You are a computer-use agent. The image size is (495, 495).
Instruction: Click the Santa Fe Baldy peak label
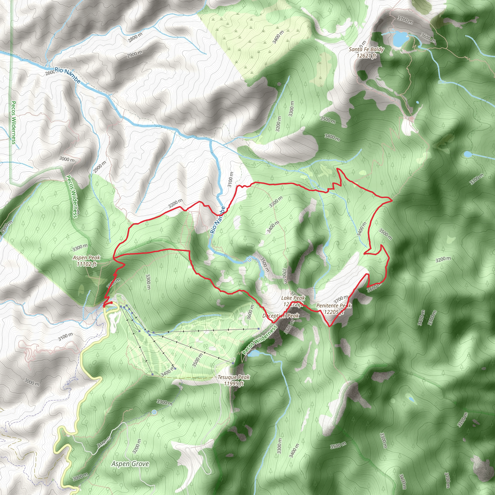click(x=366, y=52)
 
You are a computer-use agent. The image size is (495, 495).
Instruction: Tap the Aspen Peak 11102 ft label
click(x=86, y=261)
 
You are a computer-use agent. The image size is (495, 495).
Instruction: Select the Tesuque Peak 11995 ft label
click(x=233, y=380)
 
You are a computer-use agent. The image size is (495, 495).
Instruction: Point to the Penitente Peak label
click(x=333, y=308)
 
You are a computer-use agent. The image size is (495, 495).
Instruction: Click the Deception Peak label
click(x=281, y=316)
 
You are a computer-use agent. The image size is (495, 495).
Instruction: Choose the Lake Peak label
click(x=293, y=301)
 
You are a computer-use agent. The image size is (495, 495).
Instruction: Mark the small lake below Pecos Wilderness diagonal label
click(x=254, y=354)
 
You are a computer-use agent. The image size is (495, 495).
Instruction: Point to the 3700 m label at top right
click(x=405, y=20)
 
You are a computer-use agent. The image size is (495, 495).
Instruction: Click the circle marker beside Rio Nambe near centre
click(x=249, y=260)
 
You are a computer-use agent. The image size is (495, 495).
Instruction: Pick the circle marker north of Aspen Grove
click(x=154, y=412)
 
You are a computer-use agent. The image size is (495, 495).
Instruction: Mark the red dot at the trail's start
click(x=111, y=303)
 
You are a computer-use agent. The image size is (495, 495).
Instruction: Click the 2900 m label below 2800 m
click(x=135, y=54)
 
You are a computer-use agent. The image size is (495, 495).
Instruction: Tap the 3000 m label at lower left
click(x=32, y=382)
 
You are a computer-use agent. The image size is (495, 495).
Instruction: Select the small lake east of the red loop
click(x=468, y=154)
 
